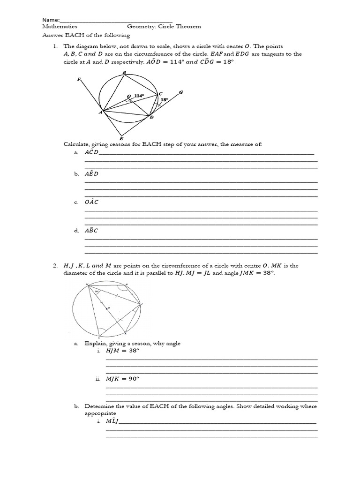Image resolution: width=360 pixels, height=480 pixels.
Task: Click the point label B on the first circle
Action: [124, 72]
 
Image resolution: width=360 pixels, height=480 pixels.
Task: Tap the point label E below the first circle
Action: [121, 138]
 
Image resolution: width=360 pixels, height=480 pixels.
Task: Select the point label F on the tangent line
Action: [79, 79]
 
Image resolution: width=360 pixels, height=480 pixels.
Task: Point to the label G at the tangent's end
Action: [180, 92]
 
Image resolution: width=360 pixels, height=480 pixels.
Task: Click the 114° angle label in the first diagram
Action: [139, 96]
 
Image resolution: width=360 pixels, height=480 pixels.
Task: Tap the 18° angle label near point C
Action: [164, 100]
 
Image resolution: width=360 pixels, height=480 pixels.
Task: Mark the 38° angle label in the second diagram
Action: [97, 292]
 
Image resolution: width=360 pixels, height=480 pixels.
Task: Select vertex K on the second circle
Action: [125, 333]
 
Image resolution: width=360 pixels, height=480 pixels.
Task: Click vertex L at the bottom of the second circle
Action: [98, 337]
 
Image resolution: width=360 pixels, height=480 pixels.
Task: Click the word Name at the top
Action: [51, 20]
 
